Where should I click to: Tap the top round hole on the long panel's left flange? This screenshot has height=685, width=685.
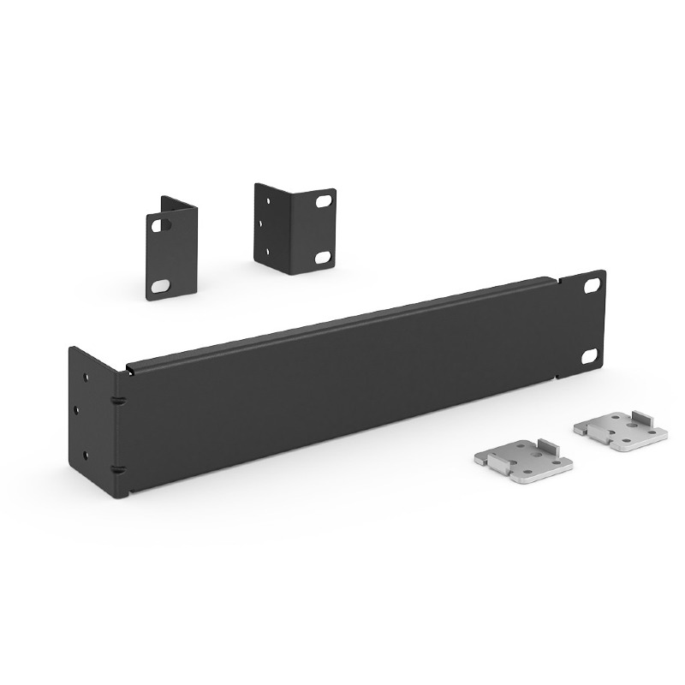click(x=85, y=376)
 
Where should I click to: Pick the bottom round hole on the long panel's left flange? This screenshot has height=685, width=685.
click(x=85, y=456)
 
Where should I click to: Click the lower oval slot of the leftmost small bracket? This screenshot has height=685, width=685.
click(x=160, y=284)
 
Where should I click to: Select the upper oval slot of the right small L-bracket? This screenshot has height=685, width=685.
click(x=322, y=204)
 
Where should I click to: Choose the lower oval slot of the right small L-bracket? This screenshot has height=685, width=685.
click(x=322, y=257)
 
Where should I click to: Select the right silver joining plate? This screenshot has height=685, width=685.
click(x=621, y=430)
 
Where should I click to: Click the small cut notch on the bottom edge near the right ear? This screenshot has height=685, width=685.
click(x=558, y=375)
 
